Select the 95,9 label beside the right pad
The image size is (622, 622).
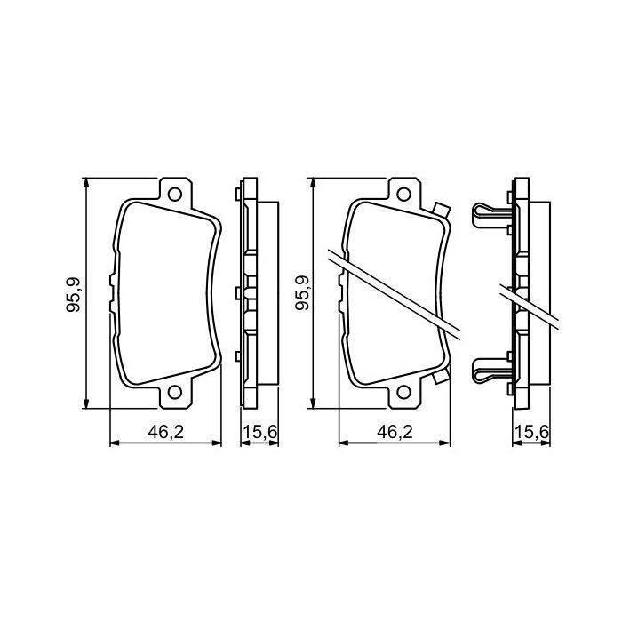click(302, 293)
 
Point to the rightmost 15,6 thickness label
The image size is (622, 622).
click(530, 433)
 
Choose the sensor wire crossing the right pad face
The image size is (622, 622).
click(391, 290)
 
